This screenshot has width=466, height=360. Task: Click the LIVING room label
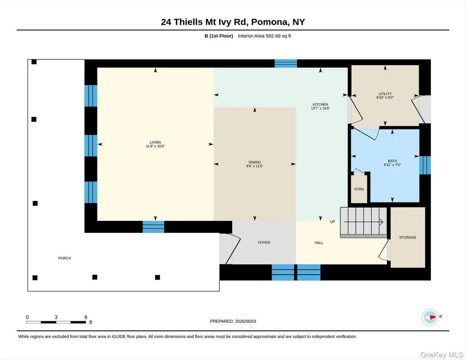[x=155, y=142]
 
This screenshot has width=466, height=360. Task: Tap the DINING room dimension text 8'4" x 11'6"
[x=255, y=166]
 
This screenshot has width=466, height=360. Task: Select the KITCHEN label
[x=320, y=105]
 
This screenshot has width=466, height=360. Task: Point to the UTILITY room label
[x=385, y=94]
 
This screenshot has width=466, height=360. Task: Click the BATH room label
[x=392, y=161]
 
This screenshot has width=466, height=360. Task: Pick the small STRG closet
[x=359, y=189]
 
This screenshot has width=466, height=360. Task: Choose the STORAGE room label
[x=408, y=237]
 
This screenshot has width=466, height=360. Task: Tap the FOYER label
[x=264, y=242]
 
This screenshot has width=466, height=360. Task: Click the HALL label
[x=319, y=242]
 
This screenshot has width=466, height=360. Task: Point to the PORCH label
[x=65, y=258]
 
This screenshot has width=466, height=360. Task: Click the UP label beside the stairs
[x=332, y=222]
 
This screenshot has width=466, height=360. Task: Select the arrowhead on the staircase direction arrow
[x=381, y=222]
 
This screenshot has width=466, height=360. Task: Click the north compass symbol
[x=430, y=317]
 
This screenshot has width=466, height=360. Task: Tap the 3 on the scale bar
[x=56, y=317]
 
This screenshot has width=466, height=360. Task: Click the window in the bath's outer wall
[x=425, y=165]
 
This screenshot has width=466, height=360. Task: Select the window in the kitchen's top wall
[x=286, y=63]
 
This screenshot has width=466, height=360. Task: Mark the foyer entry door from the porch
[x=229, y=249]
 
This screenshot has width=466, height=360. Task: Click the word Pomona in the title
[x=270, y=22]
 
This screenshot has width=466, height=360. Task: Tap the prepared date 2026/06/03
[x=246, y=322]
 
